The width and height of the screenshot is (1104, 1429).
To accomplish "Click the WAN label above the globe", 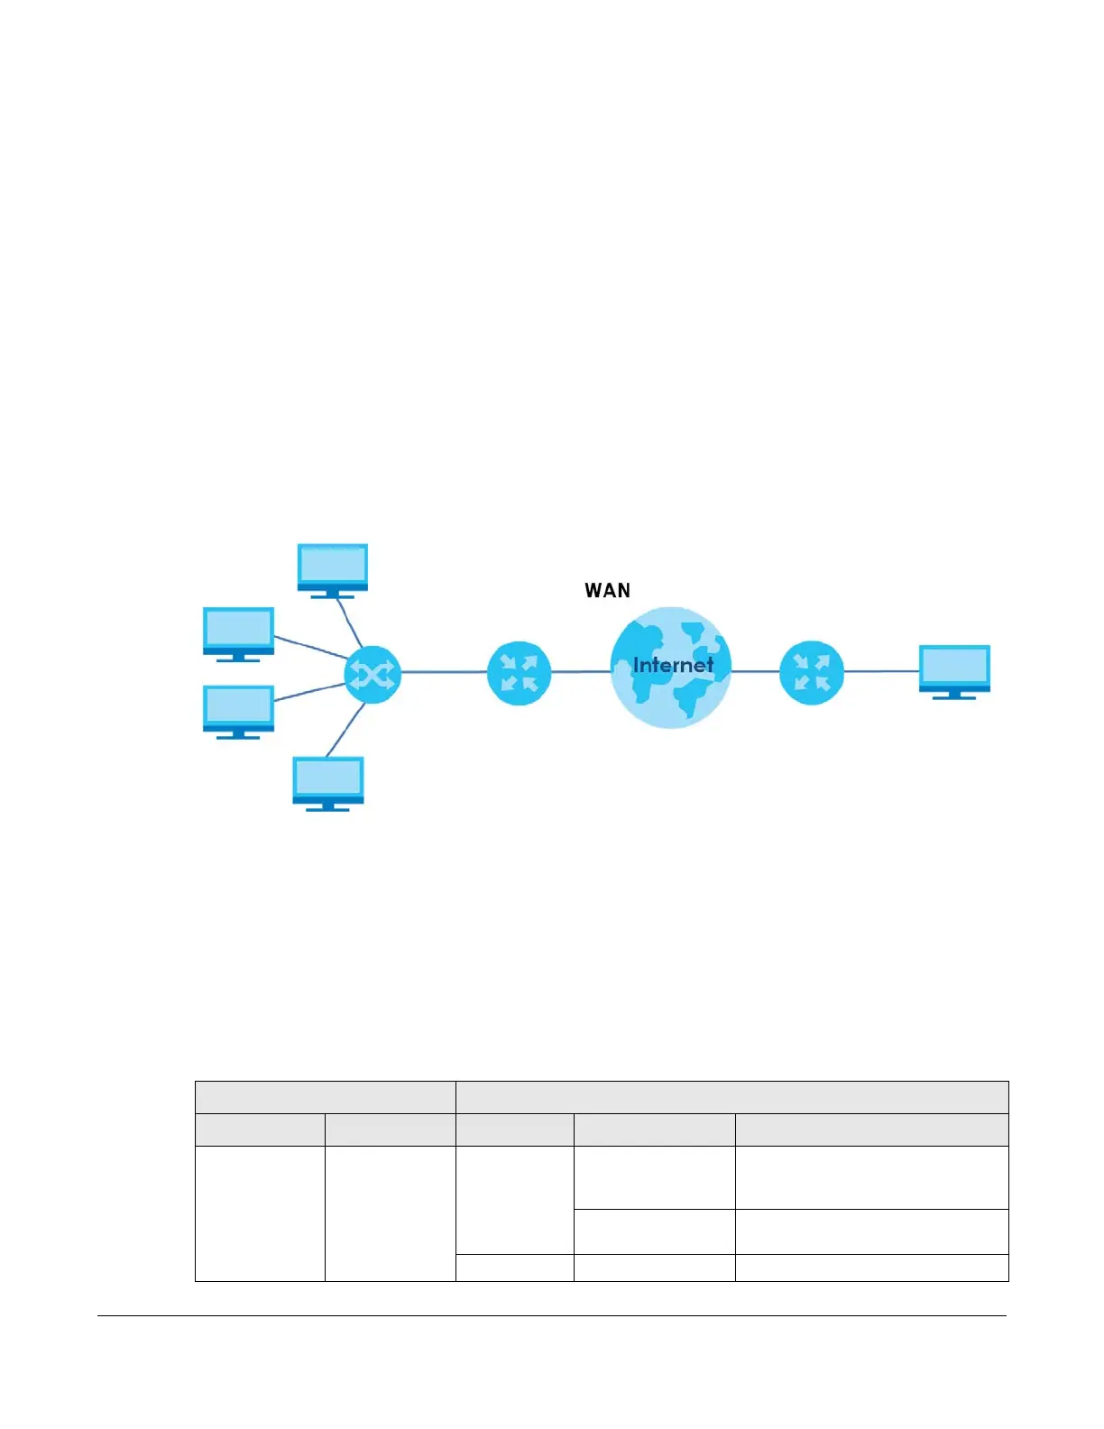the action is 607,591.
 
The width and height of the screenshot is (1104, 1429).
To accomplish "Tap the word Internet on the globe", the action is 673,666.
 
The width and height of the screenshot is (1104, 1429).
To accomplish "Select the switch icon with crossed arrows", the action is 372,673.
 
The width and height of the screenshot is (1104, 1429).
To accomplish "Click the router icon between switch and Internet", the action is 519,673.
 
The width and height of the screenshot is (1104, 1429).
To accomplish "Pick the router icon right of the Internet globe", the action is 811,673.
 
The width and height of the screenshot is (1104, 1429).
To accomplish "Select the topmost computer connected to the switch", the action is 333,569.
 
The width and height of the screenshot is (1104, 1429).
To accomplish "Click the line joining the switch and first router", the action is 444,672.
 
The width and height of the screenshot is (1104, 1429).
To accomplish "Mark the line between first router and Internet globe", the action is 581,672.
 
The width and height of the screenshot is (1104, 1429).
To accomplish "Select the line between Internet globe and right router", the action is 755,671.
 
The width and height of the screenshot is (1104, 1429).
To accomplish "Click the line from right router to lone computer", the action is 881,671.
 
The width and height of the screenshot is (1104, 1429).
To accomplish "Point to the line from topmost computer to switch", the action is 350,622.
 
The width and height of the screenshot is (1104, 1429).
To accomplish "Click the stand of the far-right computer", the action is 954,696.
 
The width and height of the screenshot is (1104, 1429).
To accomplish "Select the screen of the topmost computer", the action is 333,565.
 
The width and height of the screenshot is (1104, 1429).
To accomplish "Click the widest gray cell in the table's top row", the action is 731,1097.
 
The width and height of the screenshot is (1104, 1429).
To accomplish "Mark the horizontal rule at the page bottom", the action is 551,1315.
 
